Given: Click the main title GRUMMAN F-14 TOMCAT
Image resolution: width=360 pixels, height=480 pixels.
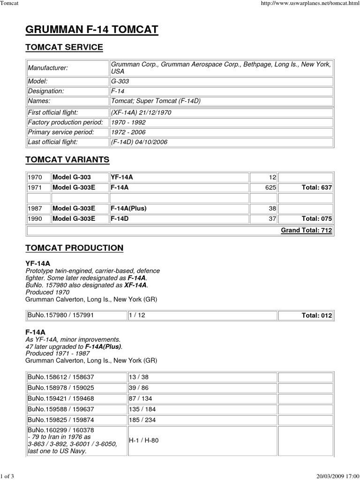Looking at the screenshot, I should coord(91,30).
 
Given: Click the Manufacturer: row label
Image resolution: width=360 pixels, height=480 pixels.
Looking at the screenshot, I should coord(48,68).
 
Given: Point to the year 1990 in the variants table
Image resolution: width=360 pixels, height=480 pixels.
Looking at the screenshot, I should coord(35,218).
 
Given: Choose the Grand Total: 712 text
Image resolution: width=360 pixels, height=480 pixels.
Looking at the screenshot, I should coord(307,230).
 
